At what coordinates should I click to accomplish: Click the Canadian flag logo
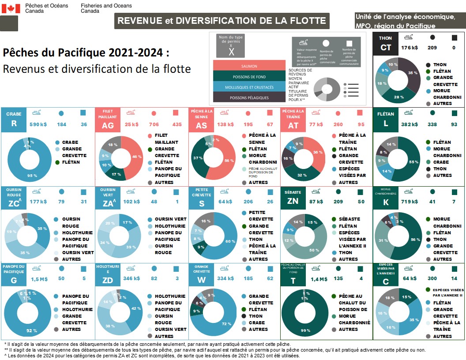(x=11, y=8)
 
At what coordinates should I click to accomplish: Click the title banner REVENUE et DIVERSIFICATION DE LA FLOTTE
(x=222, y=20)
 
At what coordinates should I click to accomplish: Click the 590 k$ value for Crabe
(x=38, y=124)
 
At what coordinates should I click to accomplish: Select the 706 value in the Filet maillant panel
(x=154, y=124)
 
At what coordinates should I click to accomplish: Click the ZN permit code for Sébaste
(x=293, y=202)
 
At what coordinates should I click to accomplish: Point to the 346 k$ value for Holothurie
(x=131, y=279)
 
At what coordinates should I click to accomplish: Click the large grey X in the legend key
(x=232, y=52)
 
